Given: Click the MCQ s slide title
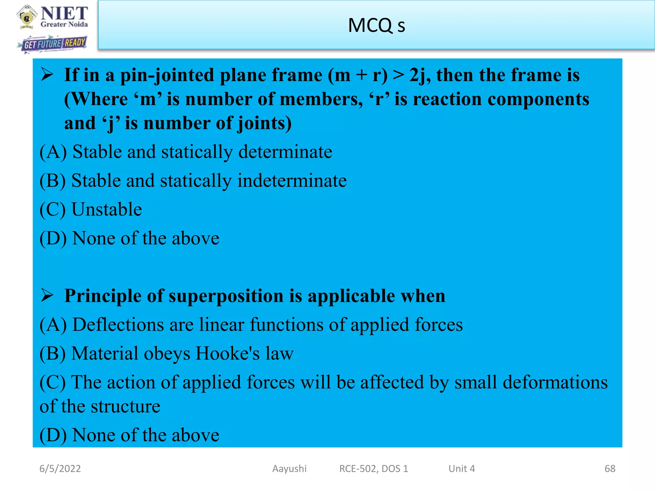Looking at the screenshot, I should (376, 26).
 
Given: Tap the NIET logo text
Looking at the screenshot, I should (64, 13).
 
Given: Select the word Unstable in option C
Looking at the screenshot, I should (107, 210).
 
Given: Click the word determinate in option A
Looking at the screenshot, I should (285, 152).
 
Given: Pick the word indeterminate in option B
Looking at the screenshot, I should (292, 181).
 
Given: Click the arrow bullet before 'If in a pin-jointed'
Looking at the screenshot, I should (47, 75).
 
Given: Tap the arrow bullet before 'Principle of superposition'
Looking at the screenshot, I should (47, 295).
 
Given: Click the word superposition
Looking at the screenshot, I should (226, 296).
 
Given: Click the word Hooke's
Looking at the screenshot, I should (227, 354).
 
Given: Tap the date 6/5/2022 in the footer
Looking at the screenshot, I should (60, 469).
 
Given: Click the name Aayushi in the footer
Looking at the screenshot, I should (289, 469).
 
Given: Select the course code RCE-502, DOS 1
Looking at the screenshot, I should (374, 469).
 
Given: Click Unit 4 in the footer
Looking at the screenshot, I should (462, 469).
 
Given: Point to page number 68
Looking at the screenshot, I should (610, 469).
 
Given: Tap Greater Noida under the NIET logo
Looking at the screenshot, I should (64, 25).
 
